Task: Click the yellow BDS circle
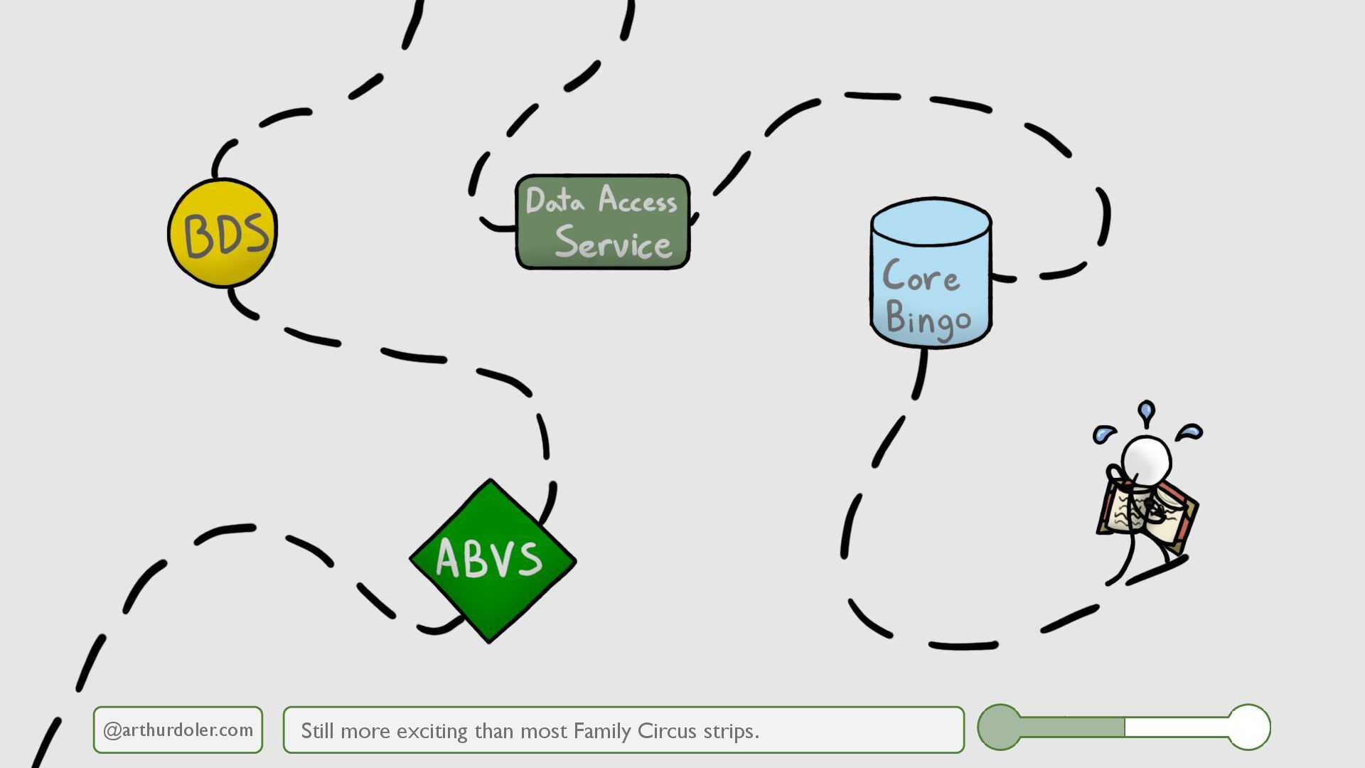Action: (223, 233)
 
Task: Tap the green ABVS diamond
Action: (492, 560)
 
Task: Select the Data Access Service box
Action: (602, 222)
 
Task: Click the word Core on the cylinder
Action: (921, 276)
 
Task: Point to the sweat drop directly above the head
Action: (1145, 411)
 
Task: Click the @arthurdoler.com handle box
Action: (178, 730)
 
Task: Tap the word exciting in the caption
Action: (432, 731)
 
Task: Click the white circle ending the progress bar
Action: (1248, 727)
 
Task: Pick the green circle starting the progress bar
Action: (1000, 727)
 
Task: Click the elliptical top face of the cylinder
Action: (931, 222)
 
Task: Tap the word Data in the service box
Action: (555, 201)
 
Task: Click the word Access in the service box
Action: (638, 200)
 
